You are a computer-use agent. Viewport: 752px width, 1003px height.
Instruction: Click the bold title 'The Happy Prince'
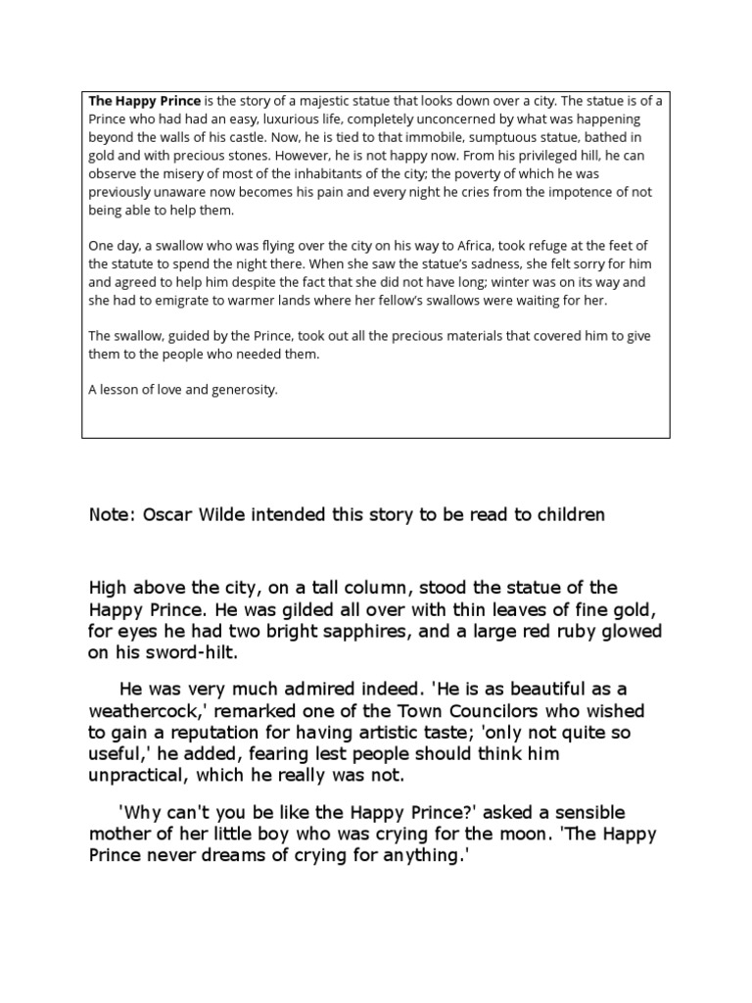145,101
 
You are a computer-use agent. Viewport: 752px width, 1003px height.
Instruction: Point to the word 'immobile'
412,138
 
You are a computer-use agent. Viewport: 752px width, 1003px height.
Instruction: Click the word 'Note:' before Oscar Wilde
113,515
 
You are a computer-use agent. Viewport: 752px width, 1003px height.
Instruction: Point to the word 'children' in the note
569,515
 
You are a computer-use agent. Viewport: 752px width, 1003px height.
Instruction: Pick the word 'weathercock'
144,710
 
